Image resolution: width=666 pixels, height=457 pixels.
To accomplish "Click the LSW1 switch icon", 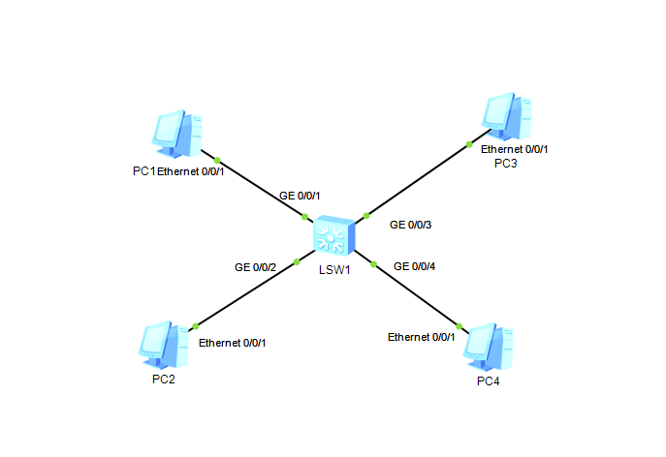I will click(x=333, y=236).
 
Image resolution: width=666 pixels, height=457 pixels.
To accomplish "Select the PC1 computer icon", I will click(x=177, y=134).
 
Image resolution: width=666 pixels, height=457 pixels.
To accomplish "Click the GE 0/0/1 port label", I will click(x=300, y=196).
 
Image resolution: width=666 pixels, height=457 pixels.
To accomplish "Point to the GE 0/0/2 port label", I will click(x=255, y=266).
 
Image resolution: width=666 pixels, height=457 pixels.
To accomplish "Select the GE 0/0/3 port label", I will click(x=410, y=225).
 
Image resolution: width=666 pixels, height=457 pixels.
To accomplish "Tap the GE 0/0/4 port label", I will click(x=415, y=266).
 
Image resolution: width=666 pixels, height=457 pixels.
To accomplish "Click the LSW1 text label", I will click(x=333, y=269).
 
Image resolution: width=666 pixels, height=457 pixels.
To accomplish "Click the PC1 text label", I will click(x=144, y=171).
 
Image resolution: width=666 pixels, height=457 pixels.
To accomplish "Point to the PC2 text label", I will click(x=164, y=379).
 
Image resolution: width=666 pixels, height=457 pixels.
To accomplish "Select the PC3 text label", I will click(x=505, y=163).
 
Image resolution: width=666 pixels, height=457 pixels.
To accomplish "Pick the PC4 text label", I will click(x=489, y=381).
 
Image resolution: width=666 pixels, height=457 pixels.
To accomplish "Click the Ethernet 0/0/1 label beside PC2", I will click(x=232, y=343).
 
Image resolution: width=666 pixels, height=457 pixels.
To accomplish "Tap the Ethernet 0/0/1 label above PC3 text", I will click(x=515, y=149).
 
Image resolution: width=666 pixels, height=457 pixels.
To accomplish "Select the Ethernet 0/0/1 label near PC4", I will click(x=421, y=337).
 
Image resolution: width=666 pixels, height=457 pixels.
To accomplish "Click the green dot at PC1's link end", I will click(x=218, y=160).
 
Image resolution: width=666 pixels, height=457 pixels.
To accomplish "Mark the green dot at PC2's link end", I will click(x=195, y=325).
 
